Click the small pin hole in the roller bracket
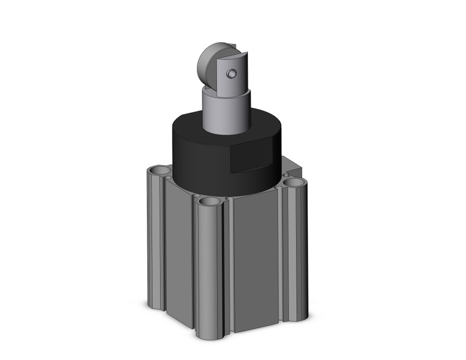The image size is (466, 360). tap(230, 74)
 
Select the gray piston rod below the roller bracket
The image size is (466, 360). tap(226, 113)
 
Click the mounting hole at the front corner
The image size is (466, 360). tap(210, 201)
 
